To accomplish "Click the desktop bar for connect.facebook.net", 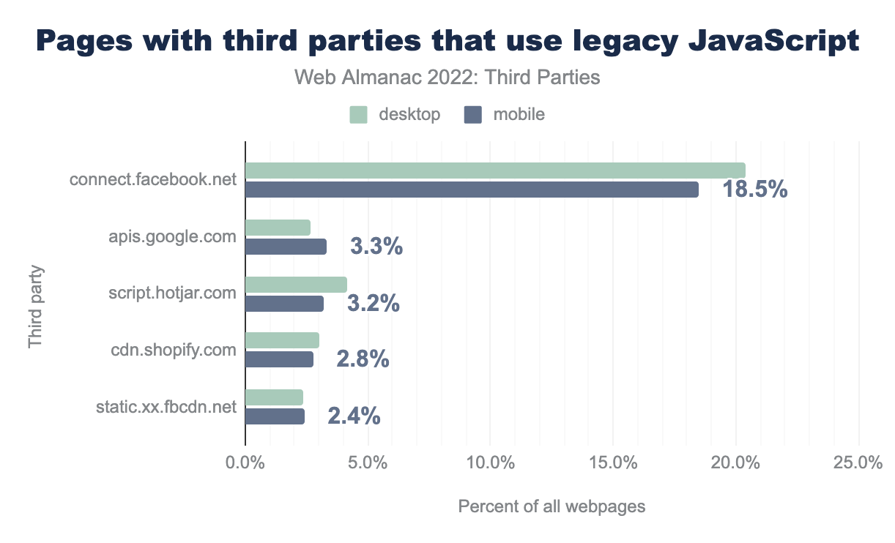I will tap(495, 171).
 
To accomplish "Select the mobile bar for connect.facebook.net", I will tap(472, 190).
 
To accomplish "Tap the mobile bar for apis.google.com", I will tap(286, 247).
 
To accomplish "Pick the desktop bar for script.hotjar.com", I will tap(296, 285).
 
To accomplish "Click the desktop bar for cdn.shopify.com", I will tap(282, 340).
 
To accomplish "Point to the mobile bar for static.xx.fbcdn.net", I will tap(275, 416).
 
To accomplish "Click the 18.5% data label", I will tap(754, 190).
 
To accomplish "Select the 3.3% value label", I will tap(376, 247).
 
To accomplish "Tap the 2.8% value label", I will tap(363, 359).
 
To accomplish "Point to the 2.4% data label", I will tap(354, 416).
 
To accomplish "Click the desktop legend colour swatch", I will tap(358, 115).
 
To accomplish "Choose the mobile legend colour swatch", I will tap(473, 115).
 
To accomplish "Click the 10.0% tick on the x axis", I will tap(490, 463).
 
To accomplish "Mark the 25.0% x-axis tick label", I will tap(858, 463).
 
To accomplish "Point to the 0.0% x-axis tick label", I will tap(245, 463).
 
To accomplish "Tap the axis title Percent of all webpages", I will tap(552, 506).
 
